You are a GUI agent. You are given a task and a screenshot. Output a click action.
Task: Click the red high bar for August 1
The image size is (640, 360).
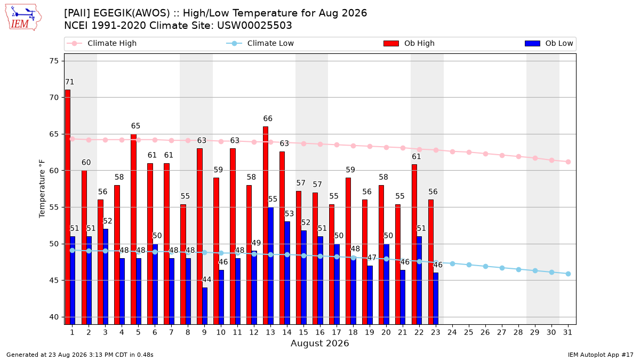point(68,207)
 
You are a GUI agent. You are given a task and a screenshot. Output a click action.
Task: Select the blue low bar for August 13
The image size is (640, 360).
point(270,266)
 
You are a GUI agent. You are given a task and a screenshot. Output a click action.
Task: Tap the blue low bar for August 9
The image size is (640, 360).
point(205,306)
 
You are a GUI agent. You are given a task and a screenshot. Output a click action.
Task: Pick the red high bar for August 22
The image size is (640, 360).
point(414,244)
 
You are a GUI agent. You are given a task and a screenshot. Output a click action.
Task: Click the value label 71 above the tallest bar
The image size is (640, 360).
point(69,82)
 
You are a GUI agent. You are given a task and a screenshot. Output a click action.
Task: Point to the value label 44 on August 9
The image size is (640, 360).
point(206,279)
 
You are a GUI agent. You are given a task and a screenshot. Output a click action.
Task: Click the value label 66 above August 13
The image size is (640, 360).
point(268,118)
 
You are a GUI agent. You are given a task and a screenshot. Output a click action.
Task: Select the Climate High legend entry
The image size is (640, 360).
point(101,43)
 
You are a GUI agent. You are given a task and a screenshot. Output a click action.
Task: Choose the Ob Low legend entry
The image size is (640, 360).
point(549,43)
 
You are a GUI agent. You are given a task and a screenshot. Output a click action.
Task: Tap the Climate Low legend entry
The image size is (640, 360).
point(260,43)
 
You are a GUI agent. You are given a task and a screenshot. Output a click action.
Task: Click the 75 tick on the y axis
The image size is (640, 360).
point(54,61)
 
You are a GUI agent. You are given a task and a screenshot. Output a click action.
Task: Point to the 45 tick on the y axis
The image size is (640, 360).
point(54,281)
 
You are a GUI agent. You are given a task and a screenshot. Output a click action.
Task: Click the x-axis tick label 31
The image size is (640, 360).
point(567,332)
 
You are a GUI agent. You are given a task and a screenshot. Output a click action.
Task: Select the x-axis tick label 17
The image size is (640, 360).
point(337,332)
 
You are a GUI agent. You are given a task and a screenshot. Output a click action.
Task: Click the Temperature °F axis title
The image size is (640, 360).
point(42,189)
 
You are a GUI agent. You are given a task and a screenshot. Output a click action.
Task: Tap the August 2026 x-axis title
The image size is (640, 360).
point(319,343)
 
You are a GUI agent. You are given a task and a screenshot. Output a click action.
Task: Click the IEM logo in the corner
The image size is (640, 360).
point(23,17)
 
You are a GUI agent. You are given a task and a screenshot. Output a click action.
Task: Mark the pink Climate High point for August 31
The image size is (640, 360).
point(569,162)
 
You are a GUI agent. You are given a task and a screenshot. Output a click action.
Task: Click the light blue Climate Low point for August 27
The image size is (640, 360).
point(502,268)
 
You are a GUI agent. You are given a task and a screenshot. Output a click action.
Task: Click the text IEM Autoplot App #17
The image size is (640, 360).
point(601,355)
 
